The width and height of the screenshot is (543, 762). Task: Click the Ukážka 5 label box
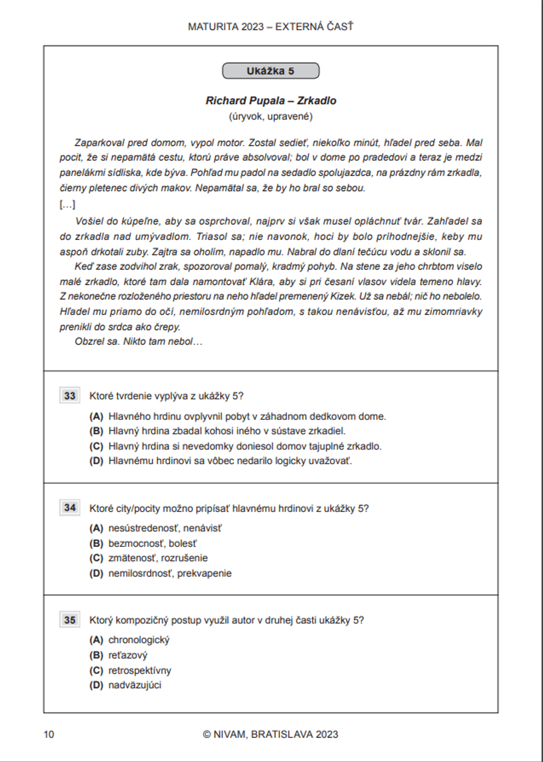(x=270, y=71)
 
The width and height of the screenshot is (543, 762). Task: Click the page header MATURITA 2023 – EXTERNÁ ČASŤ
(x=270, y=27)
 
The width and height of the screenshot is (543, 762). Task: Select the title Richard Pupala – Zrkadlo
(x=270, y=100)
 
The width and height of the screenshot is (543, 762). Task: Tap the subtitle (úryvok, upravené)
(x=270, y=116)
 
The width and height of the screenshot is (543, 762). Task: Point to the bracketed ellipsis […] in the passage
(x=67, y=205)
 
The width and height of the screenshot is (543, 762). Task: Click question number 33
(x=70, y=396)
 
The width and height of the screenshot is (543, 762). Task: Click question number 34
(x=70, y=508)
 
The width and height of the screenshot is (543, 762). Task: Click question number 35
(x=70, y=620)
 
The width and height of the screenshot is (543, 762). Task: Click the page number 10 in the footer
(x=49, y=734)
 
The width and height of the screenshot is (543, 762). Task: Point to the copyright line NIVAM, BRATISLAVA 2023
(x=270, y=734)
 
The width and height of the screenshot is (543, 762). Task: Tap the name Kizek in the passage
(x=342, y=297)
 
